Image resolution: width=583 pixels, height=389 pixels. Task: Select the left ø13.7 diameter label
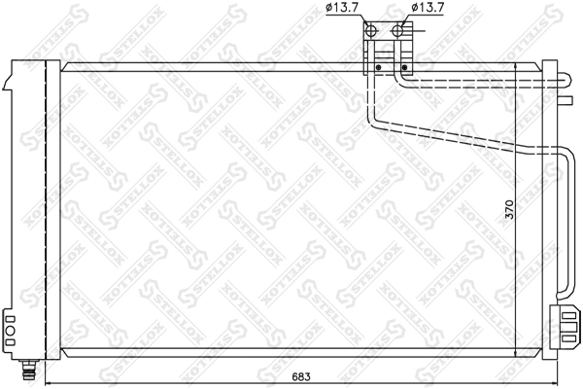point(341,9)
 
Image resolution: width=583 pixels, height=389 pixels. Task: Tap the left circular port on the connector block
point(373,30)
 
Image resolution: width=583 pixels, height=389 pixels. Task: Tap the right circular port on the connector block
point(397,30)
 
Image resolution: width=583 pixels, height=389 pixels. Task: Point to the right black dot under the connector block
point(402,67)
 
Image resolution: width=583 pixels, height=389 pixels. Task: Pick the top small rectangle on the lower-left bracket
point(9,317)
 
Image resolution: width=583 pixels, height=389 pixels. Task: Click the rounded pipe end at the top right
point(566,82)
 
